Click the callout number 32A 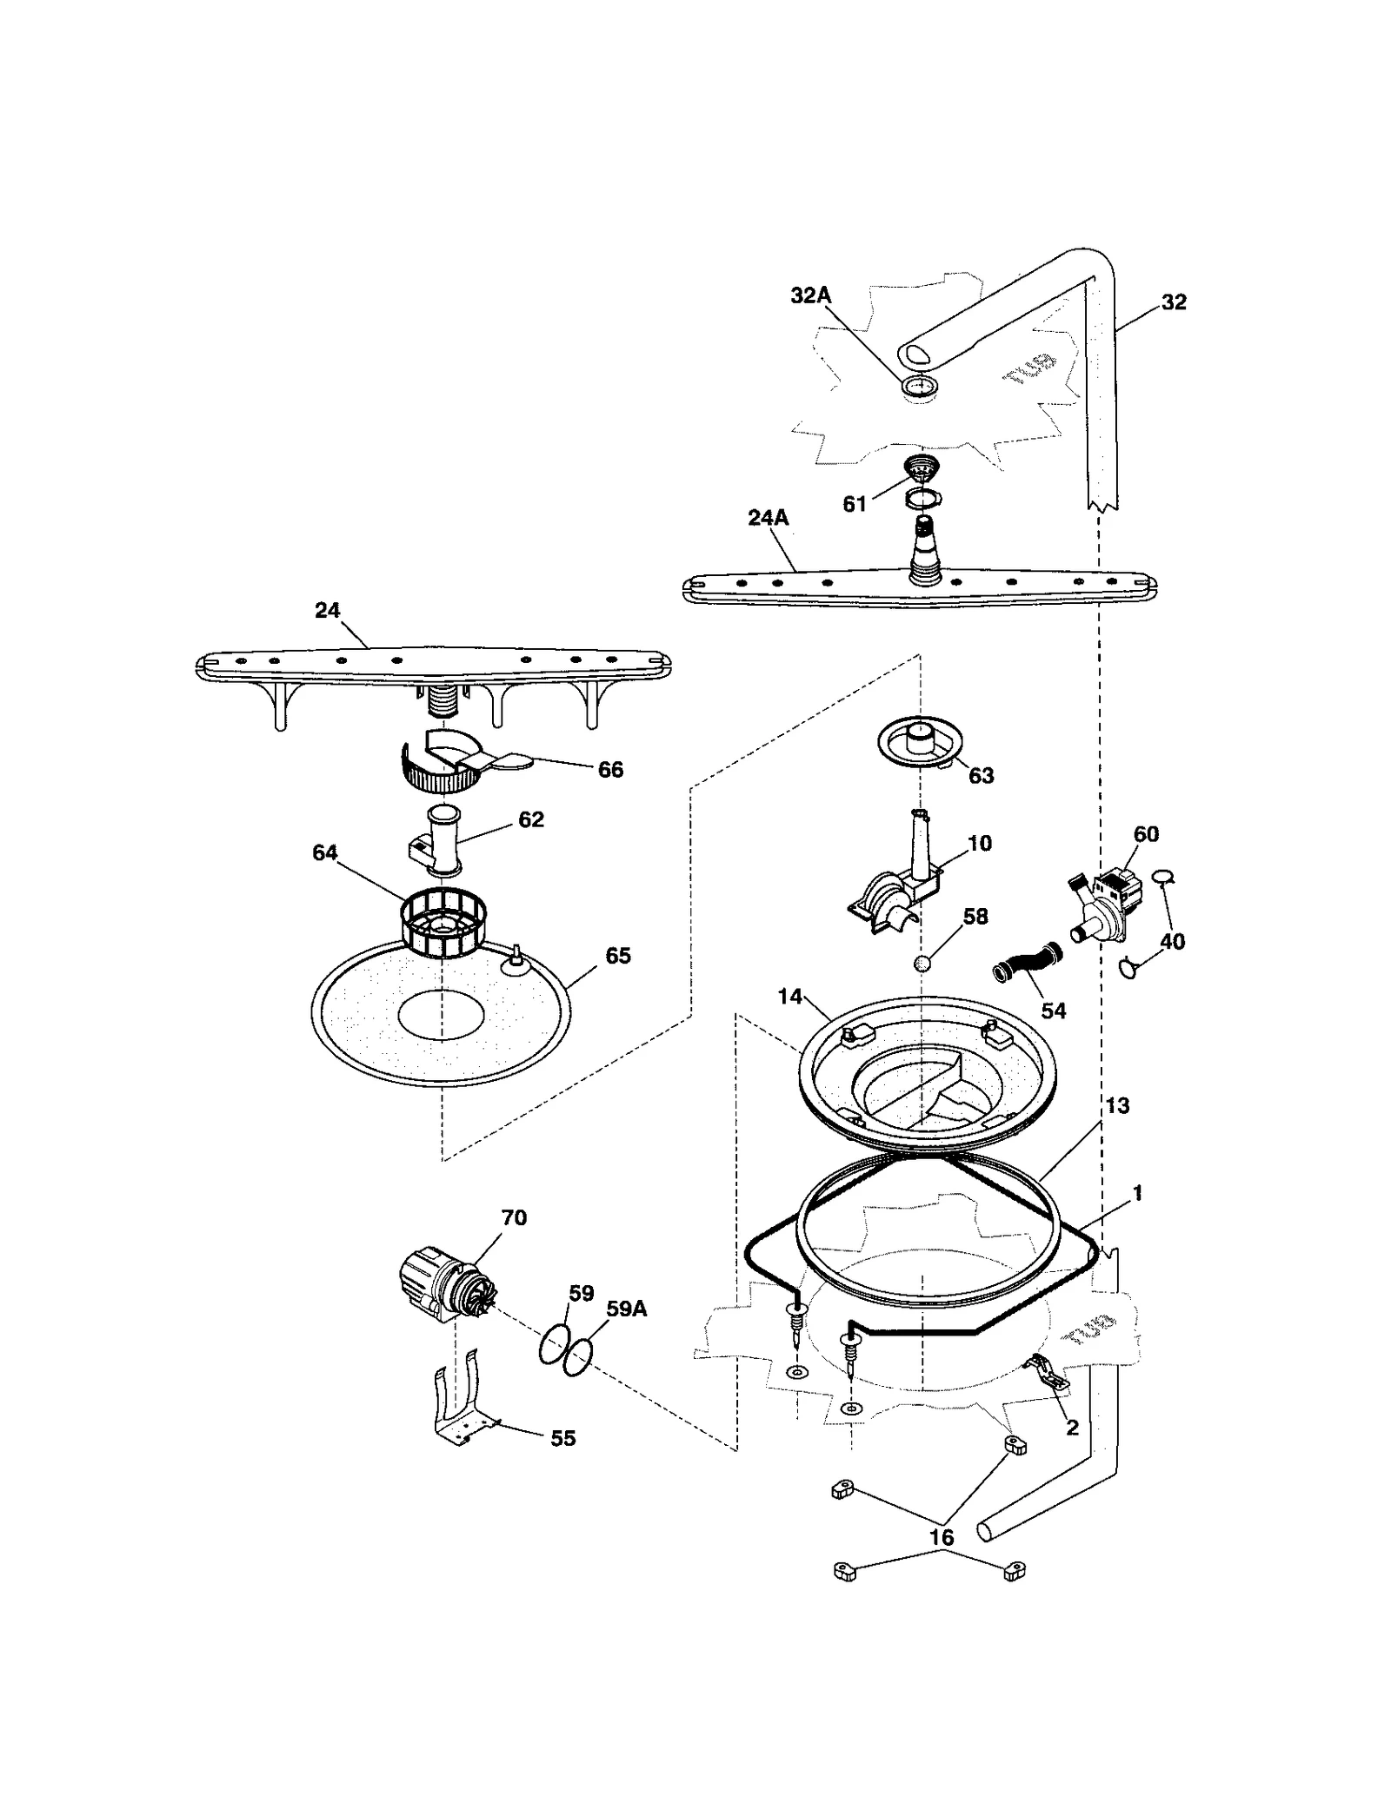810,295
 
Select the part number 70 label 514,1217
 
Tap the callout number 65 618,956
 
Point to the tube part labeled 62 439,844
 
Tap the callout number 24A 768,518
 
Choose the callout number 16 942,1537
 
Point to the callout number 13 1117,1105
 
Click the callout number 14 789,997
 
